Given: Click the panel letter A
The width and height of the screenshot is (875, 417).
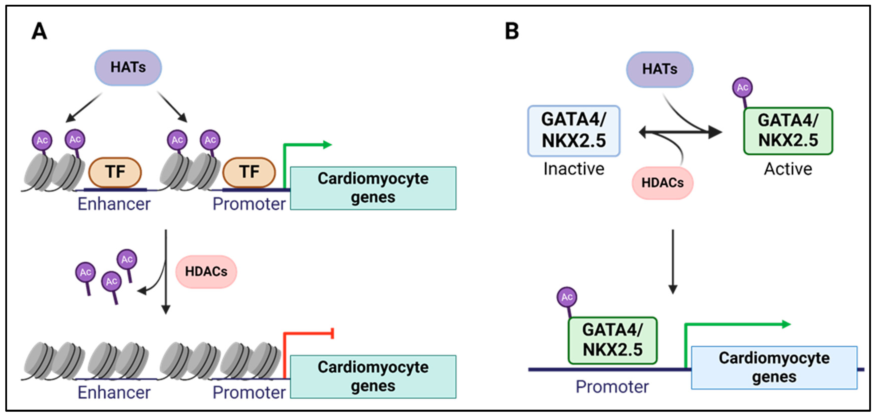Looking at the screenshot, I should click(x=39, y=31).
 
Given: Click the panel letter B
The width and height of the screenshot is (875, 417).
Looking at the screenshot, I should click(x=512, y=31).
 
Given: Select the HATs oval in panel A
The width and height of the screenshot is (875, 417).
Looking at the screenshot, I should click(x=128, y=68).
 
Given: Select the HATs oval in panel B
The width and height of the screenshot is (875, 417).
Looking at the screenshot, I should click(x=659, y=70).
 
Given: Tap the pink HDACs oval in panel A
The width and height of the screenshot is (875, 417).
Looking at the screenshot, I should click(x=206, y=272).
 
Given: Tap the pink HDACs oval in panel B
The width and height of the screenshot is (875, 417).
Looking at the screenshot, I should click(x=662, y=183).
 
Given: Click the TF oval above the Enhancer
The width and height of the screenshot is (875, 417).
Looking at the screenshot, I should click(x=115, y=172).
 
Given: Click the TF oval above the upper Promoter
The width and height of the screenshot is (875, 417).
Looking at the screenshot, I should click(x=249, y=172).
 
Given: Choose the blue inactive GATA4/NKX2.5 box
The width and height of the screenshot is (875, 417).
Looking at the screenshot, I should click(x=573, y=131).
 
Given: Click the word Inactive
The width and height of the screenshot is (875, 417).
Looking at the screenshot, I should click(x=573, y=169).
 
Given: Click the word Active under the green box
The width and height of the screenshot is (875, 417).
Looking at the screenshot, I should click(x=788, y=169).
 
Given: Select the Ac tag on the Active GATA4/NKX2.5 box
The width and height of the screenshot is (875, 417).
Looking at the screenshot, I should click(x=742, y=88).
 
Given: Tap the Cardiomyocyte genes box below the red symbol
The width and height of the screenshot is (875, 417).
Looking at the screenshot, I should click(x=373, y=377).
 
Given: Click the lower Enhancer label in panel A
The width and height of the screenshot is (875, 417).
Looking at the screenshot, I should click(x=114, y=393).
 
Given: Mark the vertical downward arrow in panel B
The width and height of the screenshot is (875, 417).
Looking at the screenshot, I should click(x=673, y=262).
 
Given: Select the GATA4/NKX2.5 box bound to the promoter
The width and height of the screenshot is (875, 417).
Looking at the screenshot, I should click(x=612, y=340).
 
